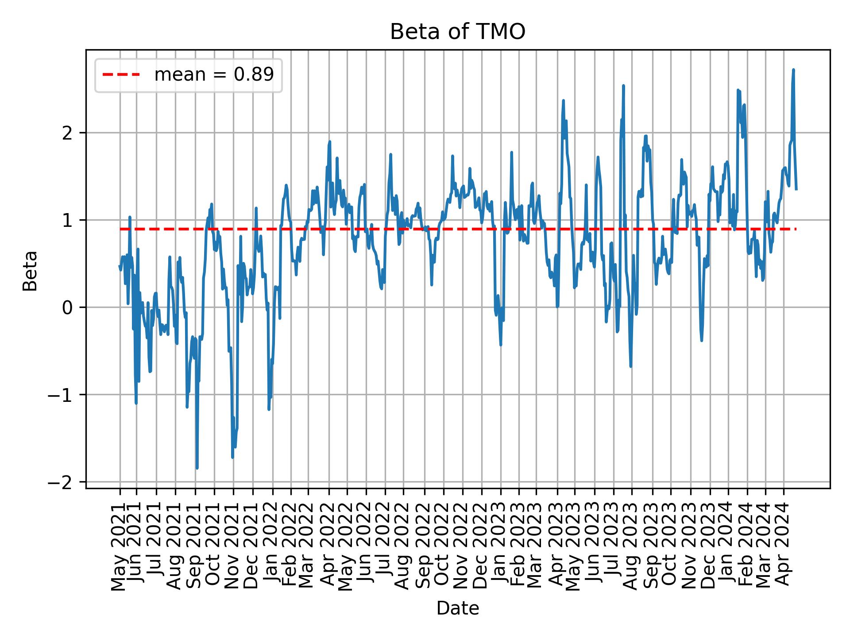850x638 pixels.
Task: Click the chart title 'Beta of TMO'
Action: click(457, 32)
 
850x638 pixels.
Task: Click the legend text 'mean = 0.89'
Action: click(214, 75)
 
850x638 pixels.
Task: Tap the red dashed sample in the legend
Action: click(121, 75)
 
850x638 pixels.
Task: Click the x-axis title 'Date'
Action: click(457, 608)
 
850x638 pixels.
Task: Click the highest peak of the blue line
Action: click(793, 70)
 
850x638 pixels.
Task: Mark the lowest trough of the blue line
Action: click(197, 468)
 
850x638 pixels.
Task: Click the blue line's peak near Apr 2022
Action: click(329, 142)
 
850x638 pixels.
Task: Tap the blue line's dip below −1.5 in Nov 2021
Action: click(232, 457)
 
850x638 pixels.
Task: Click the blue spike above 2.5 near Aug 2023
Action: click(623, 86)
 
